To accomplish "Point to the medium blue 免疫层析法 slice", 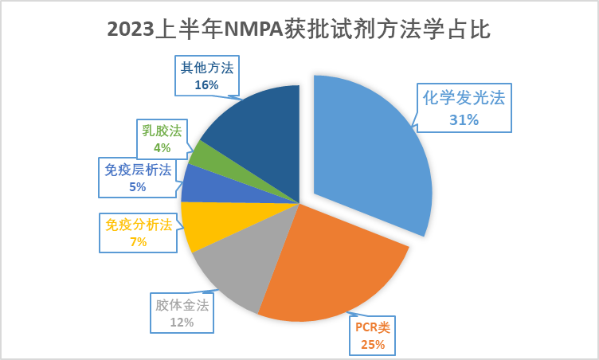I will [x=203, y=183].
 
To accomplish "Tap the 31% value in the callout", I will [x=464, y=119].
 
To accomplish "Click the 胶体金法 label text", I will [x=182, y=305].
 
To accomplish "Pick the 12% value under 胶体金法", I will [x=182, y=323].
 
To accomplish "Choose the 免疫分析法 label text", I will [x=139, y=225].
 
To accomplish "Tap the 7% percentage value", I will [x=139, y=241].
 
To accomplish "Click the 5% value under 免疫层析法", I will [x=137, y=186].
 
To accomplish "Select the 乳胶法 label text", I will [x=162, y=131].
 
